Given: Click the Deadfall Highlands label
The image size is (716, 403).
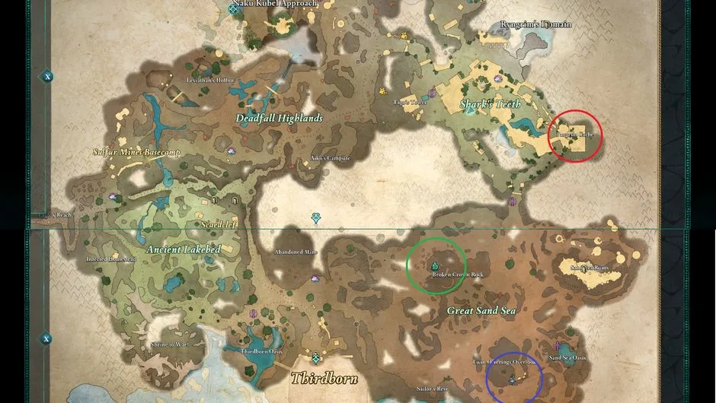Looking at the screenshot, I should click(278, 118).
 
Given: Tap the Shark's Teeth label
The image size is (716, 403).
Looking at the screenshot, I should click(489, 104).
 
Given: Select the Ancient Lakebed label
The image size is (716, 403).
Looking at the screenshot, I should click(183, 249).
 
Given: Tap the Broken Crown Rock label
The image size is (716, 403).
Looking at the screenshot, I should click(458, 274).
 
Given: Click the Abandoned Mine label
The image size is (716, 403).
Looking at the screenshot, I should click(297, 252).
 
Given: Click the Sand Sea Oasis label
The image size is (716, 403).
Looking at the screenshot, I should click(567, 357).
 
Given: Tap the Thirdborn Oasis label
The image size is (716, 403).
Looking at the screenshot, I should click(262, 352).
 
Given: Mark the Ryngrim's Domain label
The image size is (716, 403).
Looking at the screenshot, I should click(535, 24).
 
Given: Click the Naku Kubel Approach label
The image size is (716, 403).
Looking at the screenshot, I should click(264, 4).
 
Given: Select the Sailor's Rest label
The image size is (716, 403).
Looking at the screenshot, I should click(432, 389).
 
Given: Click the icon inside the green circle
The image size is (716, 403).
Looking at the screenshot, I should click(434, 265).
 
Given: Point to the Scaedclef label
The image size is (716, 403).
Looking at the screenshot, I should click(219, 225).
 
